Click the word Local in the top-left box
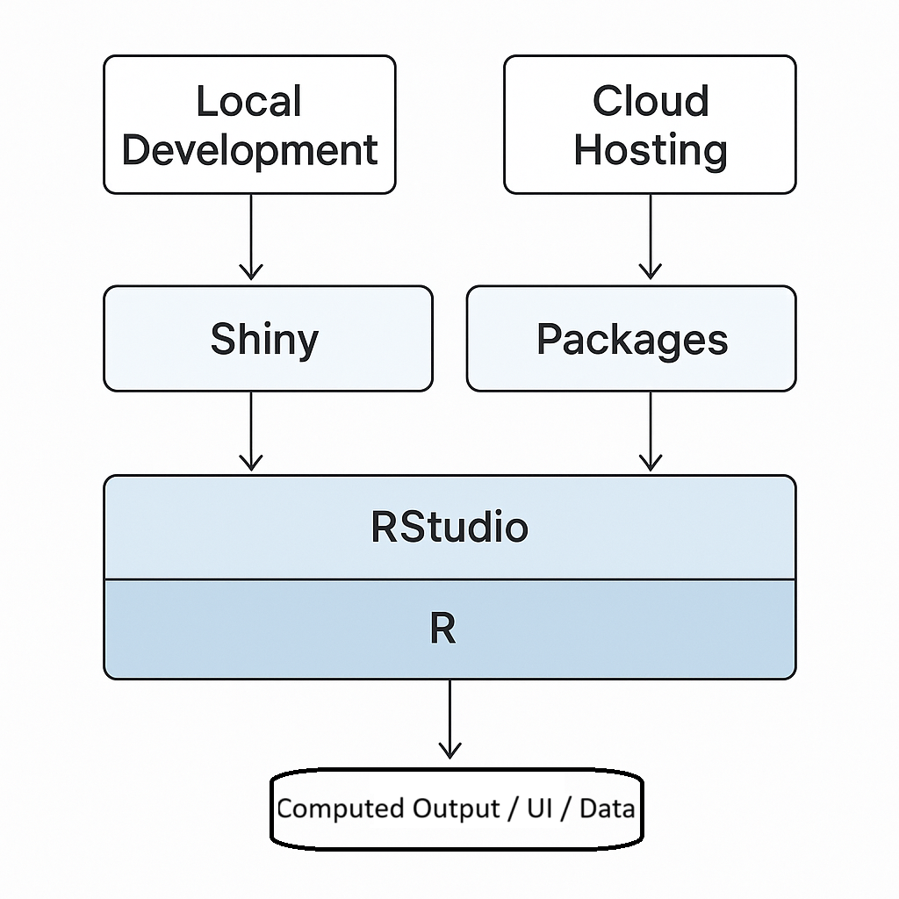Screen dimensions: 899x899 coord(248,101)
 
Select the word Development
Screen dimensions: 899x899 coord(250,150)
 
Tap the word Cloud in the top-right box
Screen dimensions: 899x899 coord(650,101)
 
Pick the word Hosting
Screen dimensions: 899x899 coord(650,150)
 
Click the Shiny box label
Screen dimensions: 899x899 coord(264,339)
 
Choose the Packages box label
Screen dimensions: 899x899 coord(632,339)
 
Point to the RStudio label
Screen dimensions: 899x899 coord(449,527)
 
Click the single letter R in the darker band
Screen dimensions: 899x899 coord(443,629)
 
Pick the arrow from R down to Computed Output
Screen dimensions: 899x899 coord(449,716)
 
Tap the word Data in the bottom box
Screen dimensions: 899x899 coord(606,808)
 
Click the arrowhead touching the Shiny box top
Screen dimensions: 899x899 coord(251,270)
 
